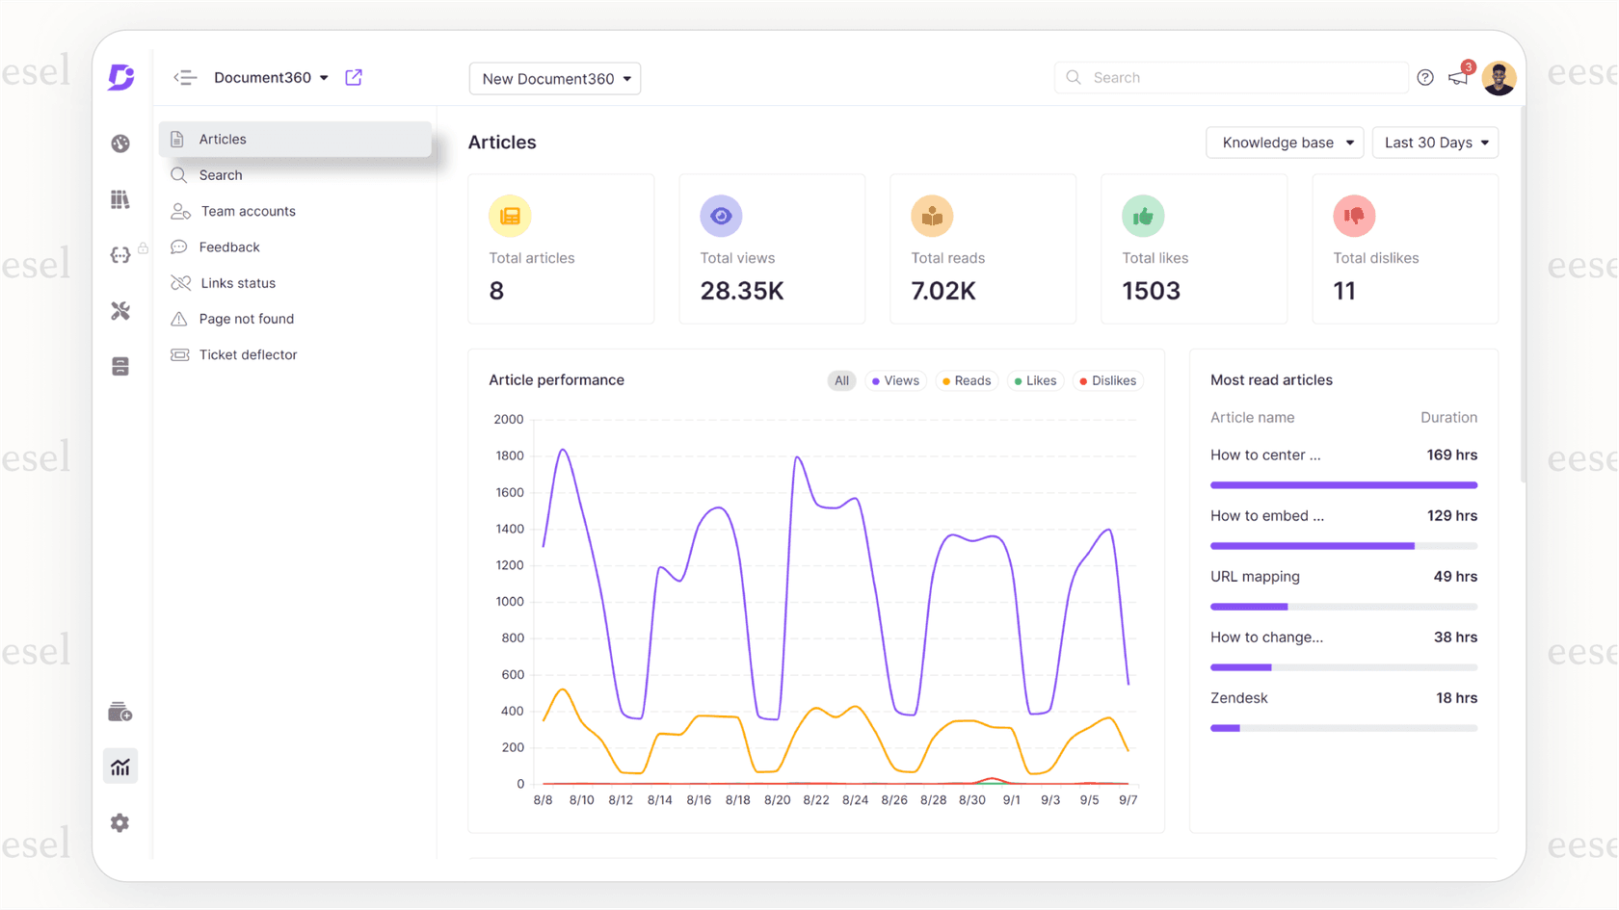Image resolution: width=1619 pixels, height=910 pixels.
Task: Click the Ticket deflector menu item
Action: coord(247,354)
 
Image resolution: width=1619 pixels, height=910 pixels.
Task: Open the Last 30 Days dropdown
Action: coord(1435,143)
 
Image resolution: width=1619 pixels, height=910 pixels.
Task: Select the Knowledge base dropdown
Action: coord(1285,143)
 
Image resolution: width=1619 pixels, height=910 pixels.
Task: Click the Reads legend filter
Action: coord(967,380)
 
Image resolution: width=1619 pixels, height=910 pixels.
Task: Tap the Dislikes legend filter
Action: coord(1107,380)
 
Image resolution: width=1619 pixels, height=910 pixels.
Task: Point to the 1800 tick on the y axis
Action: coord(509,455)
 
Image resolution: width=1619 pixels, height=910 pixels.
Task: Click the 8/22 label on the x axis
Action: coord(816,800)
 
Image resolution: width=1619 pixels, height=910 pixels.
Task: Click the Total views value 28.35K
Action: coord(741,291)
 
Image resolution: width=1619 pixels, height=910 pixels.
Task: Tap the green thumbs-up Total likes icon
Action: coord(1143,216)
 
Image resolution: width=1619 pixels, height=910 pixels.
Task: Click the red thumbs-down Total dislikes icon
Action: coord(1354,216)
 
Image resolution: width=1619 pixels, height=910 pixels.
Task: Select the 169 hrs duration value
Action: coord(1451,455)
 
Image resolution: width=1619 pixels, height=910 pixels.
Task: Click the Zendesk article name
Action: coord(1238,698)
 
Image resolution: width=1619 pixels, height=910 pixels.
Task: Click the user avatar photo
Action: coord(1499,78)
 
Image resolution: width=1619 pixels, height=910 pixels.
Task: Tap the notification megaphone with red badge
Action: coord(1458,77)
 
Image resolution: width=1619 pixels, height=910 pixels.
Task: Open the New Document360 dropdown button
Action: coord(555,79)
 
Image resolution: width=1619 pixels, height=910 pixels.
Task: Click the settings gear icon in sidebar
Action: coord(119,822)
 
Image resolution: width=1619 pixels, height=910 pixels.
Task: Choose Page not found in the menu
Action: coord(246,319)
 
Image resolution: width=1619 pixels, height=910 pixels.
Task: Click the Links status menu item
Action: coord(237,283)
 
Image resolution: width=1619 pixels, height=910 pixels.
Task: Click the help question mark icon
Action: coord(1425,78)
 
